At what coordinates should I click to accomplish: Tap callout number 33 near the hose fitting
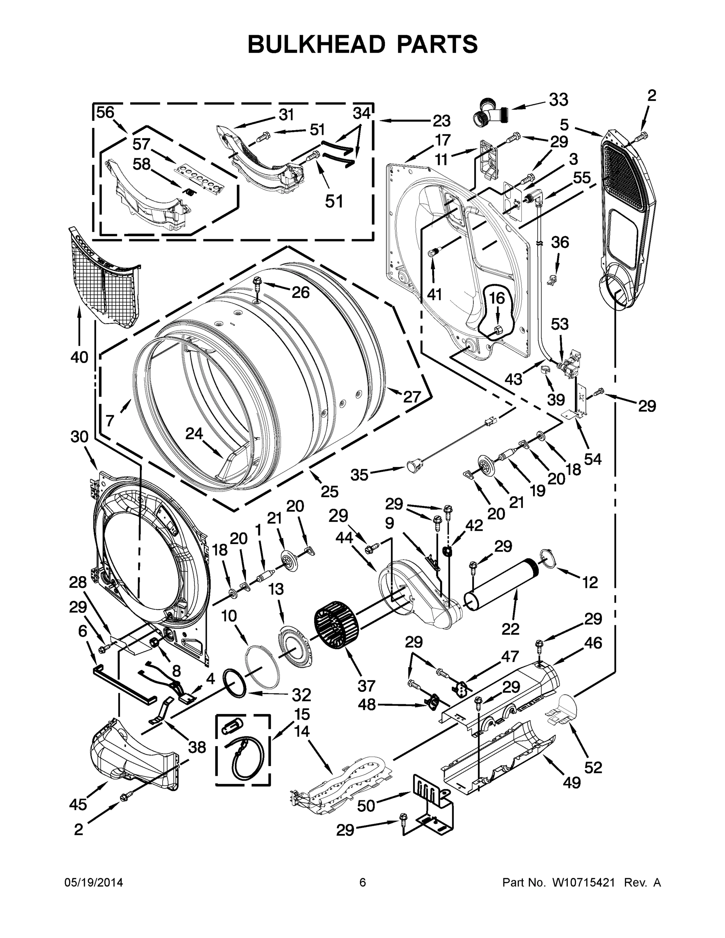(x=559, y=100)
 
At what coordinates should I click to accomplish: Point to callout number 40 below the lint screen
(x=79, y=356)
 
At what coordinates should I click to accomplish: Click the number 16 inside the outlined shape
(x=497, y=298)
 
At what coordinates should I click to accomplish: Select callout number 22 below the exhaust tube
(x=510, y=629)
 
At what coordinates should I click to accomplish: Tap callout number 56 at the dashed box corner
(x=105, y=113)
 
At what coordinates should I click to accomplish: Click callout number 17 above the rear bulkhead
(x=442, y=140)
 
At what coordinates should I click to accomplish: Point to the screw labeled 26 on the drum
(x=257, y=283)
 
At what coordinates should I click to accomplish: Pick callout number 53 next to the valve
(x=560, y=324)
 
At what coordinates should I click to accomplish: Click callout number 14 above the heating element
(x=303, y=731)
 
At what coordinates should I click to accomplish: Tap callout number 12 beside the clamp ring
(x=591, y=582)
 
